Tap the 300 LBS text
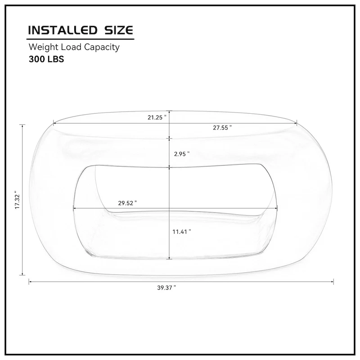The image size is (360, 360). click(x=46, y=58)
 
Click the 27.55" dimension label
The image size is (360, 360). click(x=222, y=127)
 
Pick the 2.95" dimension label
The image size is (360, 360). click(x=181, y=153)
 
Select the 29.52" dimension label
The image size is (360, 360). click(x=127, y=203)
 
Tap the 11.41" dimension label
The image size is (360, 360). click(x=182, y=231)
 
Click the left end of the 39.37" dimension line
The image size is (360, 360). click(x=29, y=282)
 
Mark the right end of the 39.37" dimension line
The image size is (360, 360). click(x=333, y=282)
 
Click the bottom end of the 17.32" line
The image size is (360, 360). click(x=22, y=274)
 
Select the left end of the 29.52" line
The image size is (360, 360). click(x=73, y=208)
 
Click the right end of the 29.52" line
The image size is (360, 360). click(x=277, y=208)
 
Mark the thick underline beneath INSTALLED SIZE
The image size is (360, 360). click(x=81, y=38)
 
